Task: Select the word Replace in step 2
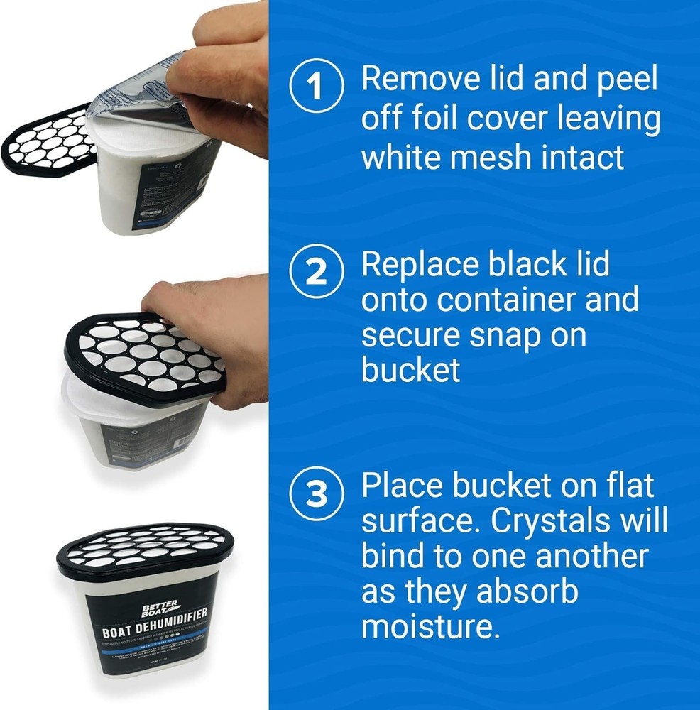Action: click(x=422, y=265)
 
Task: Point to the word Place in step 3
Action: click(x=398, y=486)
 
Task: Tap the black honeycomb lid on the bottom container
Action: click(x=134, y=547)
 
